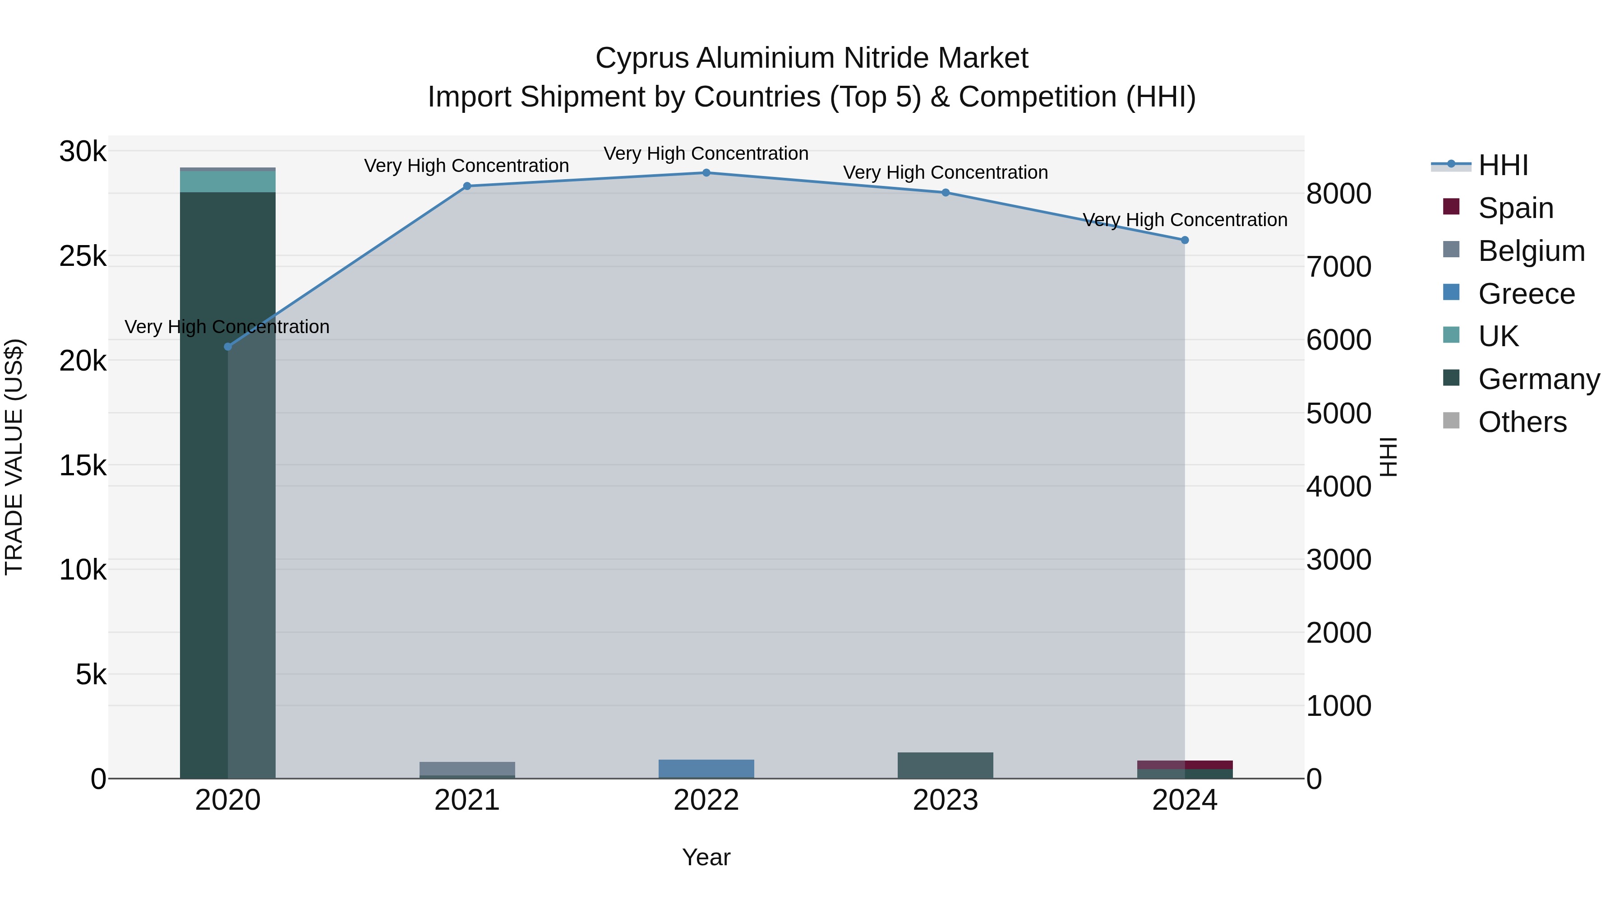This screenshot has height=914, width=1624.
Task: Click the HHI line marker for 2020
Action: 228,346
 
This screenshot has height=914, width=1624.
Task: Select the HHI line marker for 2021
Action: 467,186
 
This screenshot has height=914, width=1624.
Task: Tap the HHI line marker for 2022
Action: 706,173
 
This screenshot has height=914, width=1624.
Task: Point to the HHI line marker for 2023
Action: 946,192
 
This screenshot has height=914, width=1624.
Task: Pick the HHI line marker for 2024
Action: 1185,240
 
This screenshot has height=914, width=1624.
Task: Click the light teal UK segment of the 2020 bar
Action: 228,181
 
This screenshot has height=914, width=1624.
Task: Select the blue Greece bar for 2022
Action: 706,769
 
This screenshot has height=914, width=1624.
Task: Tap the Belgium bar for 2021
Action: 467,768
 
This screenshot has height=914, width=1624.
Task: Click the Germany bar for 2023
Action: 946,765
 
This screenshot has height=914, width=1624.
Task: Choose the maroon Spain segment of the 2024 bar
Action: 1185,765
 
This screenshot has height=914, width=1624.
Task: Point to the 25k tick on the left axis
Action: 83,256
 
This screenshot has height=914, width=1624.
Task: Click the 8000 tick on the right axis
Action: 1338,194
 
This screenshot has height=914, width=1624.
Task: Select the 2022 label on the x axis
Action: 706,800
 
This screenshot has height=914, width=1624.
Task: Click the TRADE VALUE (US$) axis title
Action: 14,457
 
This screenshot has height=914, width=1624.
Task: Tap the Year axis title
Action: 706,857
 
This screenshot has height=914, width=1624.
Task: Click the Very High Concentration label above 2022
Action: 706,153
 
